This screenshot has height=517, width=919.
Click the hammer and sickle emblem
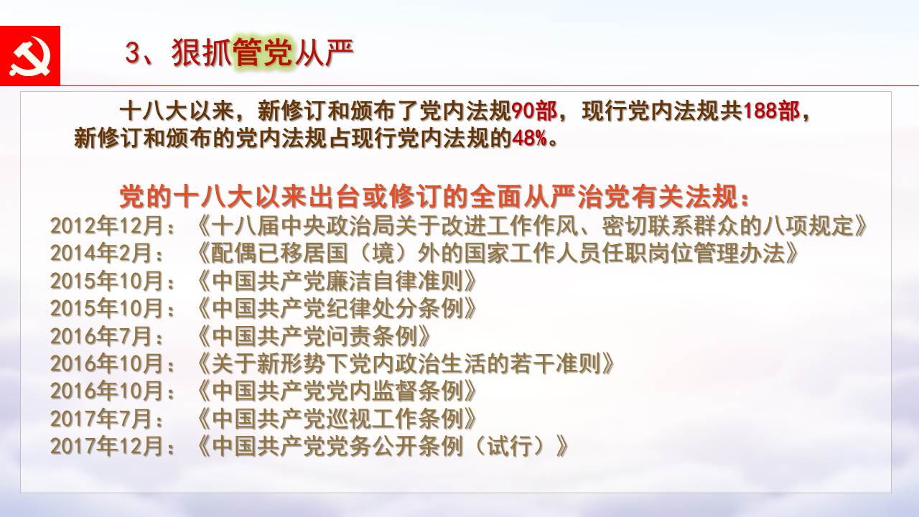pyautogui.click(x=30, y=56)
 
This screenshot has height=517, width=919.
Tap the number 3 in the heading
pyautogui.click(x=133, y=53)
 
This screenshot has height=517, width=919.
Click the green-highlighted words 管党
pyautogui.click(x=263, y=52)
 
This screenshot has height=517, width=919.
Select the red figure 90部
pyautogui.click(x=534, y=111)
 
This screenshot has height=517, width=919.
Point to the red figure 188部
pyautogui.click(x=771, y=111)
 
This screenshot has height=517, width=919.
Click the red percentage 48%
pyautogui.click(x=529, y=139)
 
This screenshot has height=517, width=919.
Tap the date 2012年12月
pyautogui.click(x=107, y=225)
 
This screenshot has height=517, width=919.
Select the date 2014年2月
pyautogui.click(x=101, y=253)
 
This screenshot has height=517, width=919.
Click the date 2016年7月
pyautogui.click(x=101, y=336)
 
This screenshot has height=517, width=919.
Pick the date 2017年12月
pyautogui.click(x=107, y=446)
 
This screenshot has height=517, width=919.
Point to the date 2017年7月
pyautogui.click(x=101, y=419)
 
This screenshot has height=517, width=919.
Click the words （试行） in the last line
pyautogui.click(x=510, y=446)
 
